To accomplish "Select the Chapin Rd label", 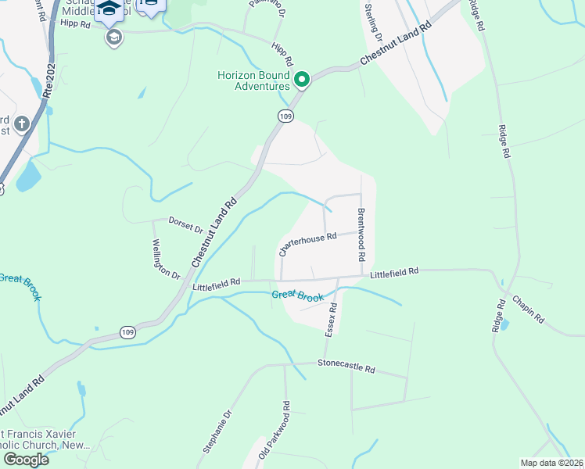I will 529,309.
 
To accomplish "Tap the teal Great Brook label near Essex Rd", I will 297,295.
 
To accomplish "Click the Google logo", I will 26,460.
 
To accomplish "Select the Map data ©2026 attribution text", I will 552,462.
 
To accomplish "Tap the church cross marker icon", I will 21,124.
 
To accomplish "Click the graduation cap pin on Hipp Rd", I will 114,38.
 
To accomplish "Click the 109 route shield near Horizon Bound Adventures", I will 286,116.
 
